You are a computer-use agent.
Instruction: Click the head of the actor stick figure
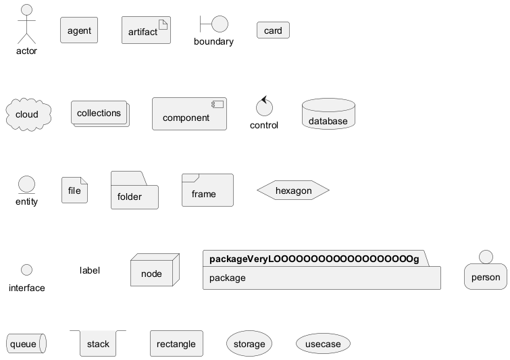tap(26, 9)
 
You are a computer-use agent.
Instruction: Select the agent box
tap(79, 30)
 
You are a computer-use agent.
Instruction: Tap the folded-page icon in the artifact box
tap(163, 24)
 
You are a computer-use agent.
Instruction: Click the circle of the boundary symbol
tap(220, 24)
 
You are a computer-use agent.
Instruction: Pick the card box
tap(273, 30)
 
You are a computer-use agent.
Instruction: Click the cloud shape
tap(28, 114)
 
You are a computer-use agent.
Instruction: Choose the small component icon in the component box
tap(218, 104)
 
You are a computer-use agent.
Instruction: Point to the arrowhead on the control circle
tap(264, 99)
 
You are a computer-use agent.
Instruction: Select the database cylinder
tap(328, 114)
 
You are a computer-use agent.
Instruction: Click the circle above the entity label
tap(26, 184)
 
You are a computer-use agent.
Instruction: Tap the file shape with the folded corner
tap(74, 190)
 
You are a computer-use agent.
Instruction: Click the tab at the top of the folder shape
tap(129, 178)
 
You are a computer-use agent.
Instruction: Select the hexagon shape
tap(293, 190)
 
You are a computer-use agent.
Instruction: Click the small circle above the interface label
tap(26, 270)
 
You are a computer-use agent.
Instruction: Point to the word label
tap(89, 270)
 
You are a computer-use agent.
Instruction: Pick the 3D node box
tap(155, 270)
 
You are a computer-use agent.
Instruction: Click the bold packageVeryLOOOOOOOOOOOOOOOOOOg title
tap(314, 259)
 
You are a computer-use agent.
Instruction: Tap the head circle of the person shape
tap(486, 257)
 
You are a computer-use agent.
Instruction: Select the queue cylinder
tap(26, 343)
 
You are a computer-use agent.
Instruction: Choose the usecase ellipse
tap(323, 343)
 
